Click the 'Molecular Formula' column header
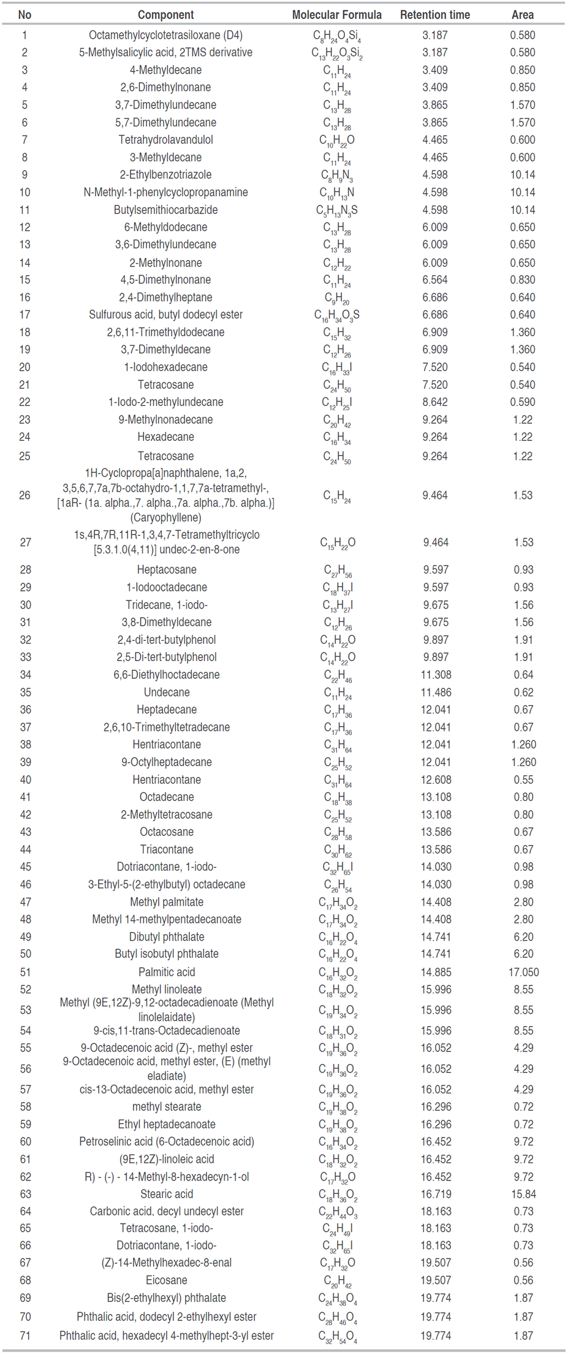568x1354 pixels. click(x=336, y=15)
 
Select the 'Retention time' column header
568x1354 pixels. click(x=435, y=15)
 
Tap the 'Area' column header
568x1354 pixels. click(x=523, y=15)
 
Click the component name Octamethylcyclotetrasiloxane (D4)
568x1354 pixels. click(x=165, y=36)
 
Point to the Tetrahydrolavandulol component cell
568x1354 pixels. click(x=165, y=140)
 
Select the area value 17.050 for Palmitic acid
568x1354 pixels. click(x=523, y=972)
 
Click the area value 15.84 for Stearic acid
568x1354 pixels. click(x=523, y=1194)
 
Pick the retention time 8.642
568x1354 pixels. click(x=435, y=402)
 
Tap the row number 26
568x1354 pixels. click(x=25, y=495)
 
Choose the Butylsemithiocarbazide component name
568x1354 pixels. click(x=165, y=210)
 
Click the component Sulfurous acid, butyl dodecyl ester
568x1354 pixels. click(x=165, y=315)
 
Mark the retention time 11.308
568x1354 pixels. click(x=436, y=675)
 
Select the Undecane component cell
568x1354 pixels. click(x=167, y=692)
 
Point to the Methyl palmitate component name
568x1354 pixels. click(x=167, y=902)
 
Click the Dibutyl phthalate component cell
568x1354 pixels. click(x=167, y=937)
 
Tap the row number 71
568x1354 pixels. click(x=25, y=1336)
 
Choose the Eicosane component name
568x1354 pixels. click(x=167, y=1280)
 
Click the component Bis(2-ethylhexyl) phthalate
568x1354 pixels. click(x=167, y=1298)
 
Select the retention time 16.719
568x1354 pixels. click(x=436, y=1194)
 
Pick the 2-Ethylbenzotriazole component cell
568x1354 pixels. click(x=165, y=175)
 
